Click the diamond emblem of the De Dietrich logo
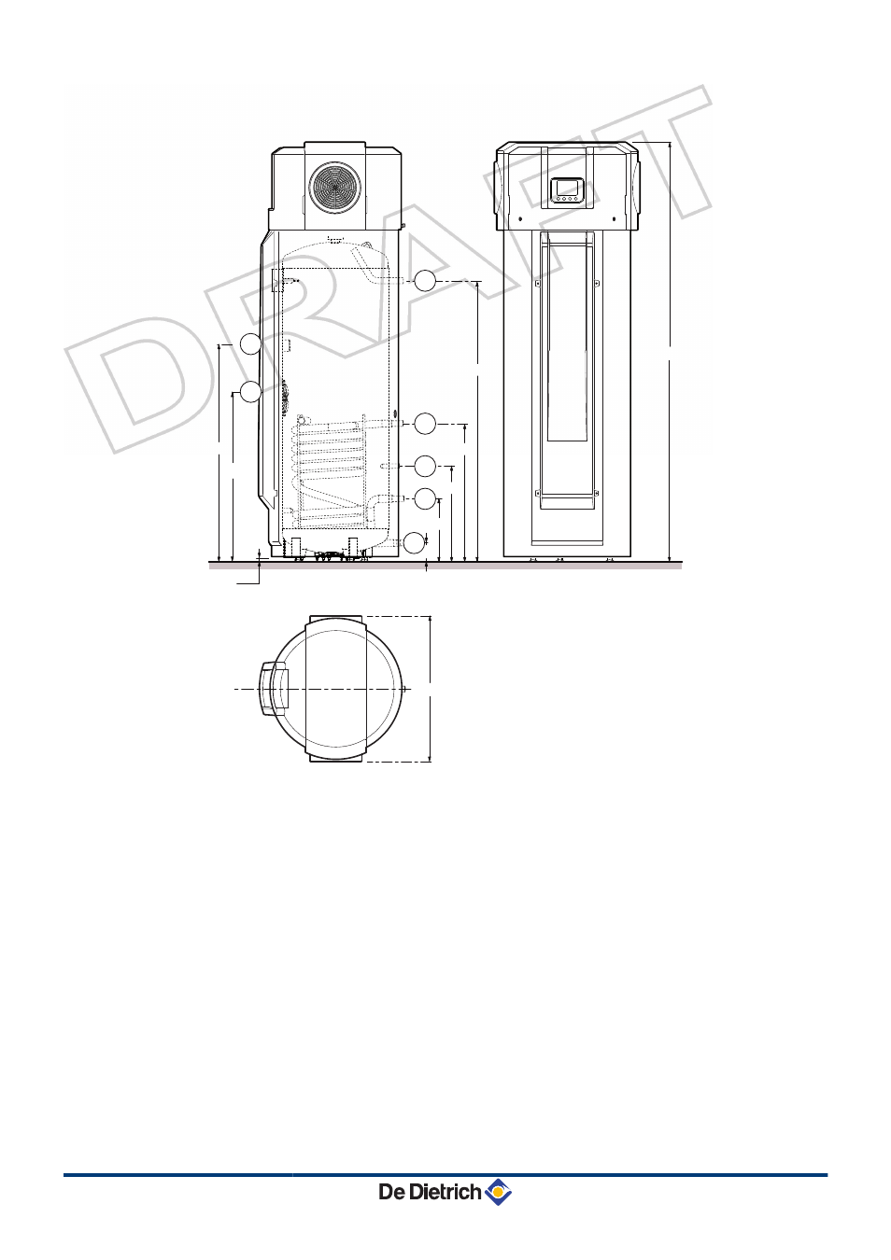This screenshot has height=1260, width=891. tap(498, 1191)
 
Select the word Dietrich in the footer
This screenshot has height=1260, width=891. tap(445, 1191)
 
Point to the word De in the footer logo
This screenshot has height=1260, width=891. tap(391, 1192)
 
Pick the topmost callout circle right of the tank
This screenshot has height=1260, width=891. tap(425, 281)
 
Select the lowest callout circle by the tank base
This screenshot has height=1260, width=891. tap(415, 542)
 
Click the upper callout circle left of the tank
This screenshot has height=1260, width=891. tap(250, 343)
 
